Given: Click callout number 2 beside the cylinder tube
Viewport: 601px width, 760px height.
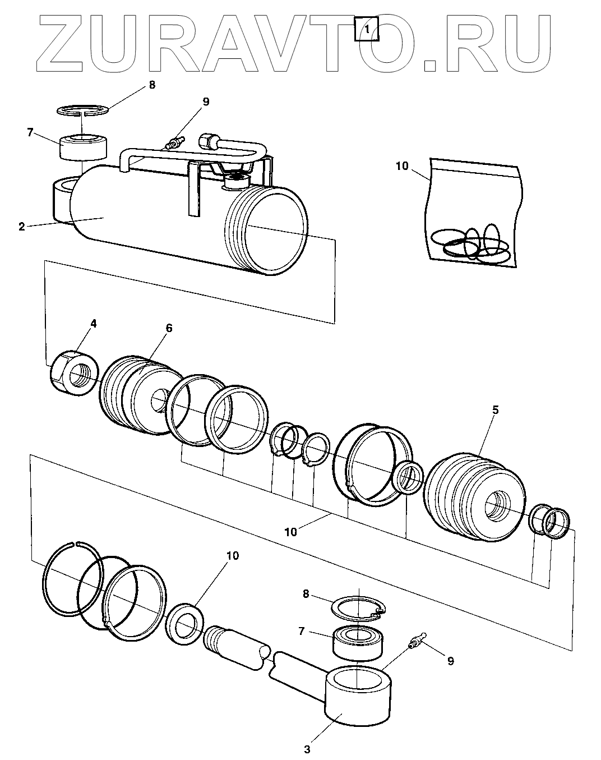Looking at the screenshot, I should point(22,227).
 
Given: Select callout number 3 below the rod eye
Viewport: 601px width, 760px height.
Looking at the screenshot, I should point(307,748).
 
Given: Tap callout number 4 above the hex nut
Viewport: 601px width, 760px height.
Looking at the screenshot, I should point(94,324).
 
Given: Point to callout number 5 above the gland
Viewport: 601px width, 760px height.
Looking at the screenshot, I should point(496,410).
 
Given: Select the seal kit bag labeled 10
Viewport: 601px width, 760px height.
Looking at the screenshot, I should point(474,219).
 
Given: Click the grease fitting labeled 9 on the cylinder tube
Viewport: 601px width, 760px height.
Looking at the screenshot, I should point(175,142).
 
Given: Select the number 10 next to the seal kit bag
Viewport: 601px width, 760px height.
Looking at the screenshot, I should point(403,166).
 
